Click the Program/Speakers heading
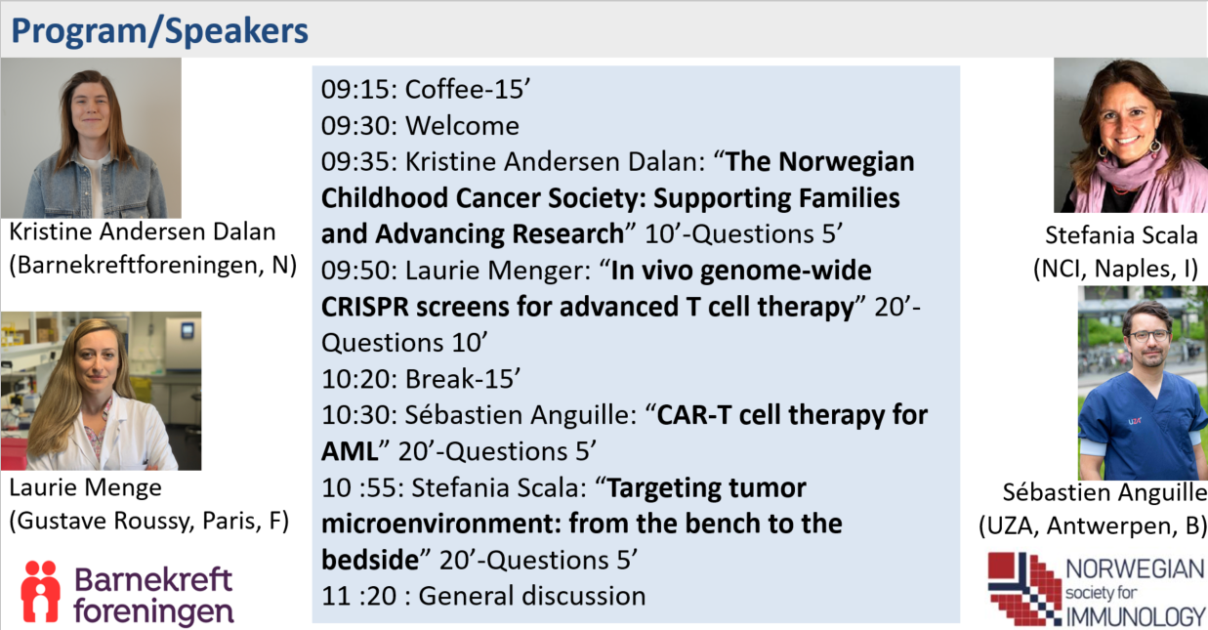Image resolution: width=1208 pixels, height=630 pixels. pyautogui.click(x=159, y=30)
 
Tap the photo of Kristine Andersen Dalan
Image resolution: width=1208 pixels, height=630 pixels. pyautogui.click(x=91, y=138)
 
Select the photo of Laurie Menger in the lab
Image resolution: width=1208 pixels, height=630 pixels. pyautogui.click(x=101, y=391)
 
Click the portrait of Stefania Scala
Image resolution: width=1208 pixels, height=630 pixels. pyautogui.click(x=1131, y=135)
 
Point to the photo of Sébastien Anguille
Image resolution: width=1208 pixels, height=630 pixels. pyautogui.click(x=1143, y=383)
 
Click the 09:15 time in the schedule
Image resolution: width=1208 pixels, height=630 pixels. pyautogui.click(x=359, y=90)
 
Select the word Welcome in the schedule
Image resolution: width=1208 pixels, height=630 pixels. pyautogui.click(x=462, y=126)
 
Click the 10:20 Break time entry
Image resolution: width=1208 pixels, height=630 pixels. pyautogui.click(x=359, y=379)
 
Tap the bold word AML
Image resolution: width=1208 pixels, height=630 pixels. pyautogui.click(x=350, y=451)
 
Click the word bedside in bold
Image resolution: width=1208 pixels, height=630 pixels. pyautogui.click(x=370, y=560)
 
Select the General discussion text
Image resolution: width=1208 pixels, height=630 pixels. pyautogui.click(x=532, y=596)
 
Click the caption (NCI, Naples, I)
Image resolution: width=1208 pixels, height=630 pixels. pyautogui.click(x=1115, y=269)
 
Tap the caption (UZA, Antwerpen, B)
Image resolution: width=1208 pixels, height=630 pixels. pyautogui.click(x=1093, y=525)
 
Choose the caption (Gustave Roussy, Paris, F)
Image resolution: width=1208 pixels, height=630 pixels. pyautogui.click(x=148, y=521)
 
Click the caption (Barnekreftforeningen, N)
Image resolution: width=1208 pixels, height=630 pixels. pyautogui.click(x=152, y=266)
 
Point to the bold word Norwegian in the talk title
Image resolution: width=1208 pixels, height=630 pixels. pyautogui.click(x=846, y=162)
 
